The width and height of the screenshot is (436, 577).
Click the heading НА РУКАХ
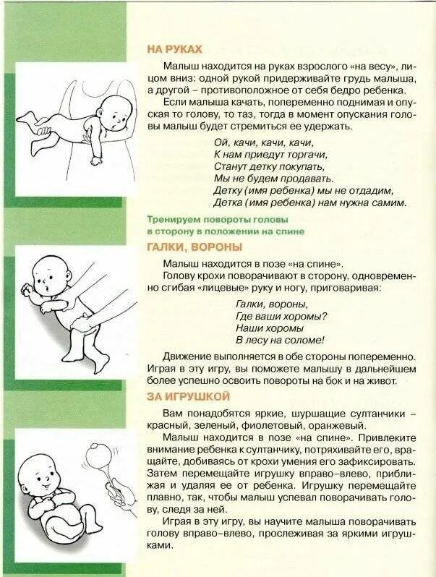(174, 49)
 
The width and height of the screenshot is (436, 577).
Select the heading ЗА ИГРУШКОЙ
(188, 396)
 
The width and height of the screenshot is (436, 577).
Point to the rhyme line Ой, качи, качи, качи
(263, 142)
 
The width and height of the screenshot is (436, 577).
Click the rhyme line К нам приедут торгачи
(270, 155)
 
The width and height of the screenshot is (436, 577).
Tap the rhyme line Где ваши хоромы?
(281, 316)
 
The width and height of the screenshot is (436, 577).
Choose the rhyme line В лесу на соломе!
(279, 340)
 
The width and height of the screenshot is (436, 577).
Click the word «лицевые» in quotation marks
(220, 288)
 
